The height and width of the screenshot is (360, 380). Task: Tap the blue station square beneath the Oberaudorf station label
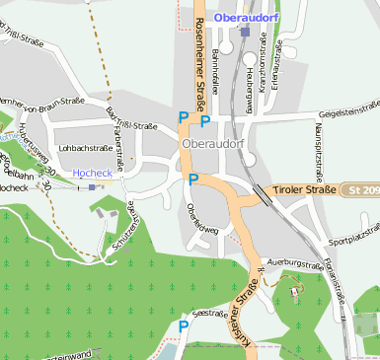(244, 32)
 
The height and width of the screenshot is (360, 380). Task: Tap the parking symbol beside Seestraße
(184, 326)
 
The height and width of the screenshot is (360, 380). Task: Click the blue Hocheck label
(93, 172)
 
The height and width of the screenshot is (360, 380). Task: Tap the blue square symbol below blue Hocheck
(92, 185)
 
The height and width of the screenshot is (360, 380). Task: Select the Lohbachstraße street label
(84, 148)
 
